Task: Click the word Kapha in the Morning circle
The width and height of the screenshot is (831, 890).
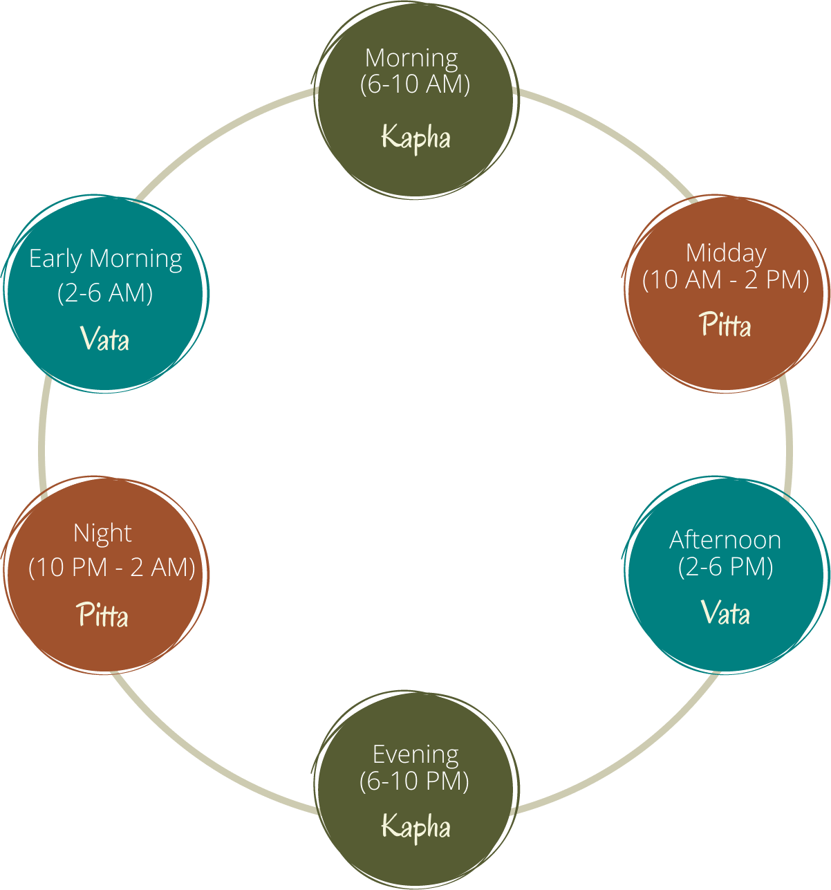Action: (416, 137)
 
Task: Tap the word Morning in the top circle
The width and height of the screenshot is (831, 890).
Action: (411, 57)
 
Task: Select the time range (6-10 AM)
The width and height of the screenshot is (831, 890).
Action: (415, 84)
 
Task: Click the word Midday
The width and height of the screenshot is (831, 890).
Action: (726, 253)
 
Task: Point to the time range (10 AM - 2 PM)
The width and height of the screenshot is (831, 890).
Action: (726, 280)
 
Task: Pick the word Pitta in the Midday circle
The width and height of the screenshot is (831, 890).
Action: (725, 324)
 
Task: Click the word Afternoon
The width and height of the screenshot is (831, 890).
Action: (725, 539)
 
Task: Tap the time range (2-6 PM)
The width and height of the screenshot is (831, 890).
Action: (725, 566)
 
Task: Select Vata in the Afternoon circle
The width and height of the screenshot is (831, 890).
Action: (725, 613)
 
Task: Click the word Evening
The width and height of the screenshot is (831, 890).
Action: (416, 754)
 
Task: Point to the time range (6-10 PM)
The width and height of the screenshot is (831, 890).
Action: (414, 781)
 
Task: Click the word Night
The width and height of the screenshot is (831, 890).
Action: (102, 533)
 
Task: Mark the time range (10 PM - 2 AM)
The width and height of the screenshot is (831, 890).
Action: (111, 568)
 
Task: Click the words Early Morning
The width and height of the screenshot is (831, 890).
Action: (106, 259)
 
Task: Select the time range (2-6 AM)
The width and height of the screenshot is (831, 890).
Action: (105, 293)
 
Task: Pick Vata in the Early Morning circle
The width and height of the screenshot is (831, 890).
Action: (104, 339)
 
